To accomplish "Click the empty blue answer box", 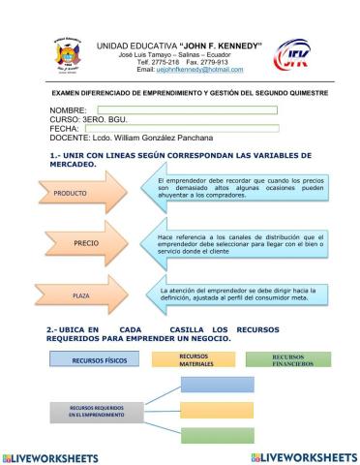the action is (215, 387).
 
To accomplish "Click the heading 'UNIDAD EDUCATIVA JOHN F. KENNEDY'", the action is (180, 46).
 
